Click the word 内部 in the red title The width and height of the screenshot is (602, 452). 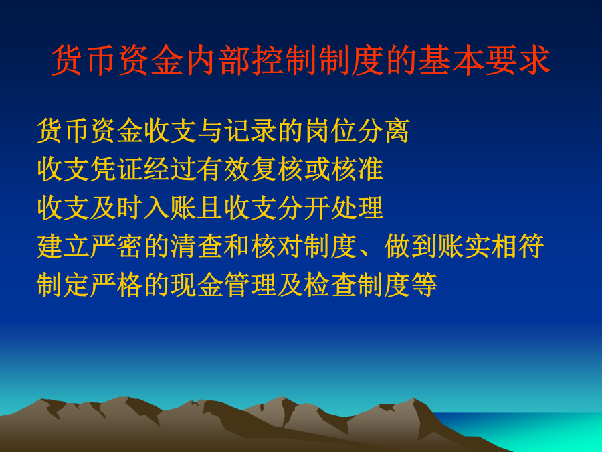219,60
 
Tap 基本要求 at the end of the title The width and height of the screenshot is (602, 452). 484,60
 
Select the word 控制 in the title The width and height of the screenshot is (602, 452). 285,60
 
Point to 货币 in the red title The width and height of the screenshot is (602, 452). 85,60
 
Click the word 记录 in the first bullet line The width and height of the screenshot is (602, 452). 251,131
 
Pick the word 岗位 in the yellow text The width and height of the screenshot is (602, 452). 330,131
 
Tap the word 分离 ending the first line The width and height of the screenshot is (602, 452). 383,131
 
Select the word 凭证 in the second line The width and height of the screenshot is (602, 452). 117,169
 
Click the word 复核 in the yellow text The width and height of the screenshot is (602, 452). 277,169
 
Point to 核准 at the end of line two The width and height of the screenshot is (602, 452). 357,169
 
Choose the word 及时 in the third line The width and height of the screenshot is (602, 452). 117,208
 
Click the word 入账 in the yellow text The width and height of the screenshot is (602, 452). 171,208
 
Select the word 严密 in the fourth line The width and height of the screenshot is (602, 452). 117,246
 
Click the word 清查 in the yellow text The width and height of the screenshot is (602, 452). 197,246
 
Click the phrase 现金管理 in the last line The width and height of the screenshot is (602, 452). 223,285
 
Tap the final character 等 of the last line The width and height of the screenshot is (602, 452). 423,285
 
